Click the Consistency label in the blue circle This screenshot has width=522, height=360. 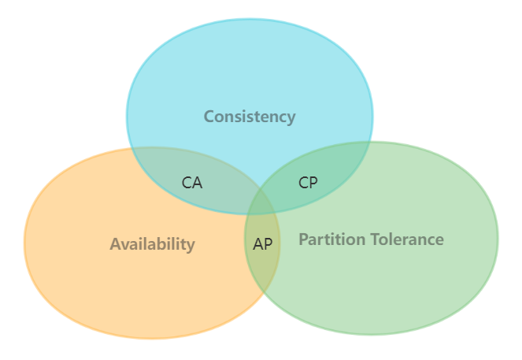(x=249, y=117)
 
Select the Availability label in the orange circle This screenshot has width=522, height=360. (x=152, y=244)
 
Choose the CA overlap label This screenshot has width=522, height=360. (x=192, y=183)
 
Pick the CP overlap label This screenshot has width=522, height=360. (x=308, y=183)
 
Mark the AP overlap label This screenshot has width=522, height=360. (x=263, y=244)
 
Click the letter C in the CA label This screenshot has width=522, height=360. (x=187, y=183)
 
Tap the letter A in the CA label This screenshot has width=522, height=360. (x=197, y=183)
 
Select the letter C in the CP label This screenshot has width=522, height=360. (x=303, y=183)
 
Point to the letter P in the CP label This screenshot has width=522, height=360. (x=313, y=183)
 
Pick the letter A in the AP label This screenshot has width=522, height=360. (x=258, y=244)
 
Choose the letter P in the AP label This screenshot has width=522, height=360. (x=268, y=244)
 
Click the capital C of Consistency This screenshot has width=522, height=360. (x=209, y=117)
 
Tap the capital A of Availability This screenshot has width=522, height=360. (x=115, y=244)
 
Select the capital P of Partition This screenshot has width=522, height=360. (x=303, y=239)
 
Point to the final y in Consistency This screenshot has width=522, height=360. (x=291, y=118)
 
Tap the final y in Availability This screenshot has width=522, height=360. (x=191, y=246)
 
